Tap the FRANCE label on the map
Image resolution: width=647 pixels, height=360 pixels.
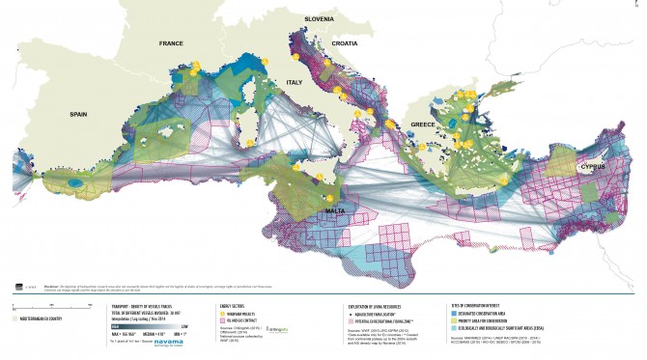pos(171,43)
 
